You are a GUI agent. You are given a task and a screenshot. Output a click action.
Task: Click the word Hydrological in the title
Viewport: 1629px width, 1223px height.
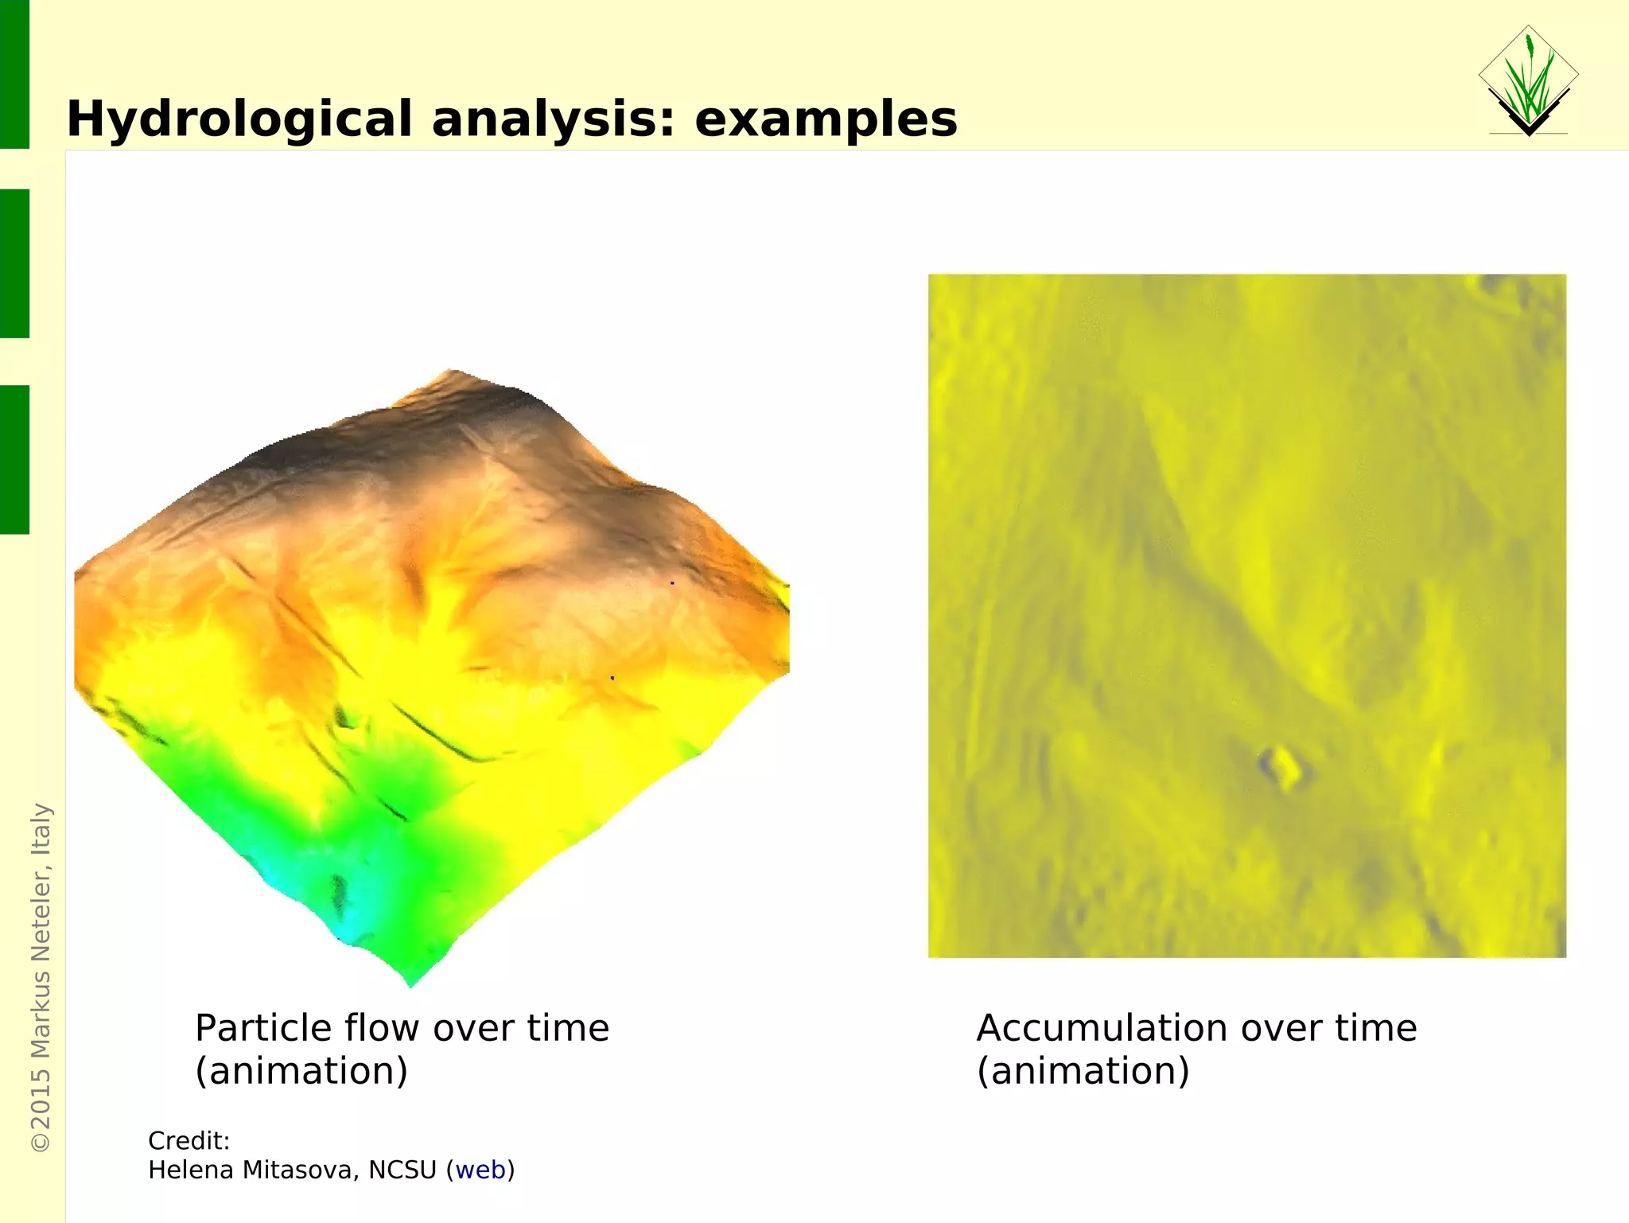pos(239,120)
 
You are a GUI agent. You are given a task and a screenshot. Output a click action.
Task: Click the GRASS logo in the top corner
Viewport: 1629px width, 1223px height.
pos(1528,81)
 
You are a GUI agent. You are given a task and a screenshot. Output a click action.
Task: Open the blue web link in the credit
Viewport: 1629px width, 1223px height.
pos(480,1170)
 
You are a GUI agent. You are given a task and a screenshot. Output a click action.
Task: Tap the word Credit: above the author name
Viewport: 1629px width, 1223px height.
pos(189,1141)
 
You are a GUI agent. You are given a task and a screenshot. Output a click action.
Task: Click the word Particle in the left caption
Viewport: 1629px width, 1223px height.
pos(263,1028)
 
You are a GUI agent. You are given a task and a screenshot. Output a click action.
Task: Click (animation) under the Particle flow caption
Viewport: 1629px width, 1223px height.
pos(301,1071)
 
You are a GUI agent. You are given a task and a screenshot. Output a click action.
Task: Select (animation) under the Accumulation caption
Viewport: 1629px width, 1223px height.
pos(1083,1071)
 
